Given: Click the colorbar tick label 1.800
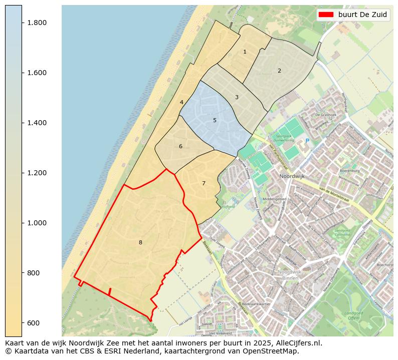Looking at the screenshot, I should coord(37,23).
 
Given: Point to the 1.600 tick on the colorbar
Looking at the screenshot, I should coord(37,73).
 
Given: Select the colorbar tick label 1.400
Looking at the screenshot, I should coord(37,123).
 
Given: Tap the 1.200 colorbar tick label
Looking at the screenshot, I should coord(37,173).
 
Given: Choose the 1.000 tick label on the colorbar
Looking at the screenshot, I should coord(37,223).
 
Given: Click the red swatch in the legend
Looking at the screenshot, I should coord(326,15).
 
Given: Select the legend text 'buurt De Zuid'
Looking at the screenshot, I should coord(362,15).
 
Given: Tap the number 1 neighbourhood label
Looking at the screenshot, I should coord(245,52).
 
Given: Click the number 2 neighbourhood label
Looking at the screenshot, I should coord(279,71).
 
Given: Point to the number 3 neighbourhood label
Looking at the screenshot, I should coord(237,97).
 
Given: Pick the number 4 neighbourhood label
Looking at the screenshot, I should coord(181,102).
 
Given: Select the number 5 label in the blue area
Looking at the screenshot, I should coord(215,120).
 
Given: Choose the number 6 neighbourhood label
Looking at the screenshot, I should coord(180,146).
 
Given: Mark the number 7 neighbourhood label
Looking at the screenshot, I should coord(204,183).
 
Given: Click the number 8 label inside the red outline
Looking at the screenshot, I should coord(140,242).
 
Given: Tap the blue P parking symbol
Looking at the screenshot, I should coord(307,141).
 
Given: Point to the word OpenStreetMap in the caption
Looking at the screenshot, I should coord(273,351).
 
